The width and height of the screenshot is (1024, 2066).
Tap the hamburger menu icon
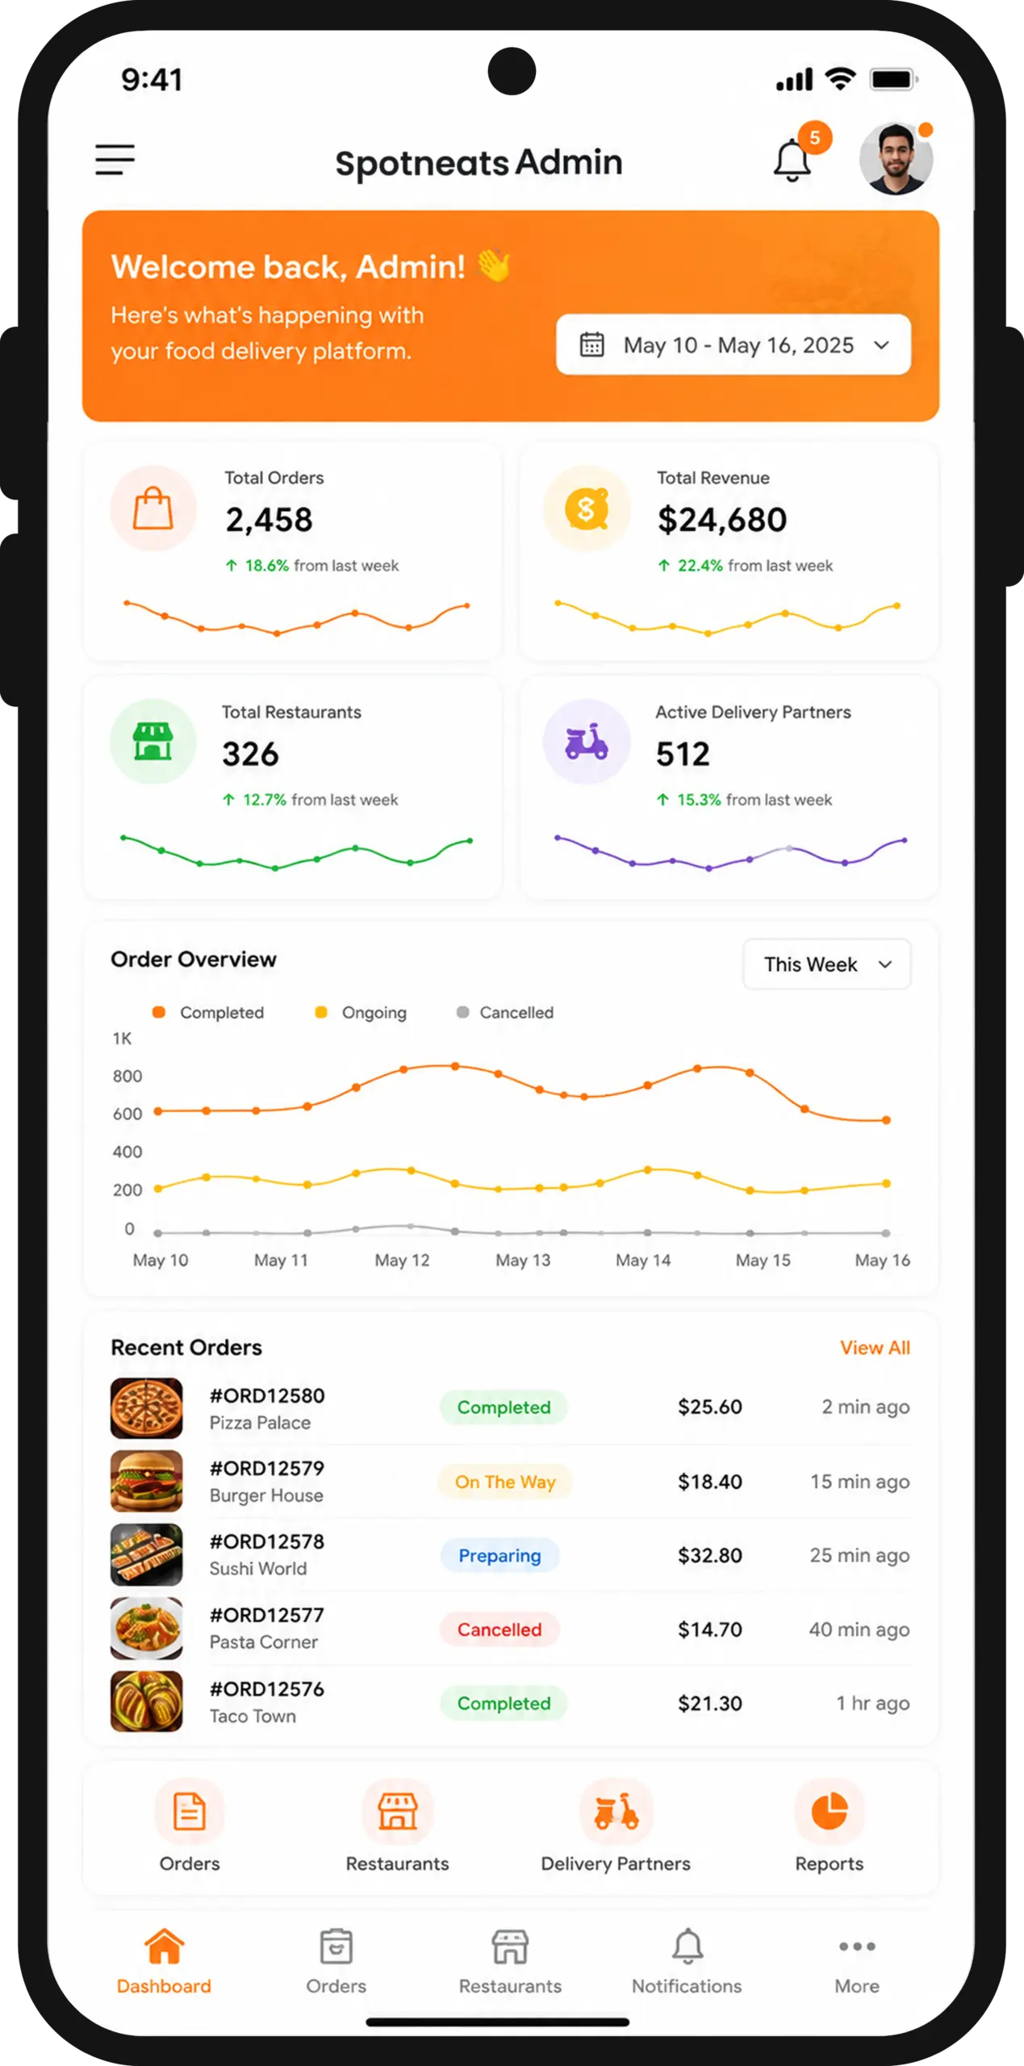click(115, 160)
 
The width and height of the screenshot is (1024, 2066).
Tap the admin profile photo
click(896, 159)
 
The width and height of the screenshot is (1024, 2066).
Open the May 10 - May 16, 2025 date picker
click(734, 345)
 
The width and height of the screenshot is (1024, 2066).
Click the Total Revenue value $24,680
click(721, 520)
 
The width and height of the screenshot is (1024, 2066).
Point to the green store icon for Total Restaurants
click(153, 741)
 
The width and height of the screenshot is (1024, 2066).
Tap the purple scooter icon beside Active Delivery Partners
click(587, 741)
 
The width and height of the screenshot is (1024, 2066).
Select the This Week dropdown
click(826, 964)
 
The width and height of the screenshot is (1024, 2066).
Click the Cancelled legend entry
click(505, 1012)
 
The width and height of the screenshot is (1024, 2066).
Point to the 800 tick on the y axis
click(127, 1076)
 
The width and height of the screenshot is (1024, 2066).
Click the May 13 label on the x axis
click(523, 1260)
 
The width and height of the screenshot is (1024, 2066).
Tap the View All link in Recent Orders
click(875, 1348)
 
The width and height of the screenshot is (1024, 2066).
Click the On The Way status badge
click(505, 1482)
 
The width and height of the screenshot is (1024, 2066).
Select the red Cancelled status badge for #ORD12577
click(499, 1629)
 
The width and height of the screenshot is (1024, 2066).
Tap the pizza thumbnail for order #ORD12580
click(146, 1408)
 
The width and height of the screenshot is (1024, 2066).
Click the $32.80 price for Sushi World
click(709, 1555)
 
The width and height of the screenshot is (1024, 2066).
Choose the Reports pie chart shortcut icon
click(829, 1812)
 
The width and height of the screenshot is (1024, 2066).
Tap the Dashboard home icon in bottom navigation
click(164, 1947)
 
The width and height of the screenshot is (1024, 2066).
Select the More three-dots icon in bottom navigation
click(857, 1947)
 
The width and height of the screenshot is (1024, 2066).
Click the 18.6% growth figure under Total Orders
click(267, 566)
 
